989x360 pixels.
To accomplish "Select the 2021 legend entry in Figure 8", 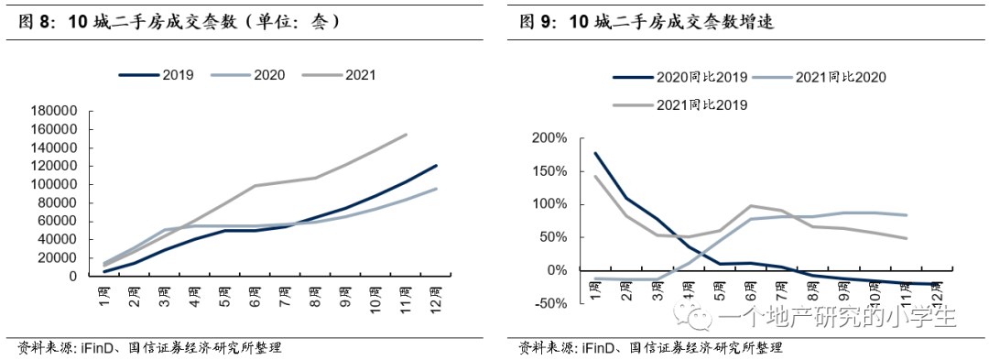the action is coord(339,75).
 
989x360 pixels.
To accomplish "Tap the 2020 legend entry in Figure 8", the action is coord(247,75).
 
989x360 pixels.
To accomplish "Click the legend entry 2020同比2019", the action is coord(680,78).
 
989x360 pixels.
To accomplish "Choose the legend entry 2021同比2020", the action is coord(820,78).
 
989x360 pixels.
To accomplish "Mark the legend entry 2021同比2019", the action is coord(680,104).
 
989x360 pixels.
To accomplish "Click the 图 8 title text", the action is coord(179,23).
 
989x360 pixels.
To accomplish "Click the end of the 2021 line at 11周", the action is coord(407,135).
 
